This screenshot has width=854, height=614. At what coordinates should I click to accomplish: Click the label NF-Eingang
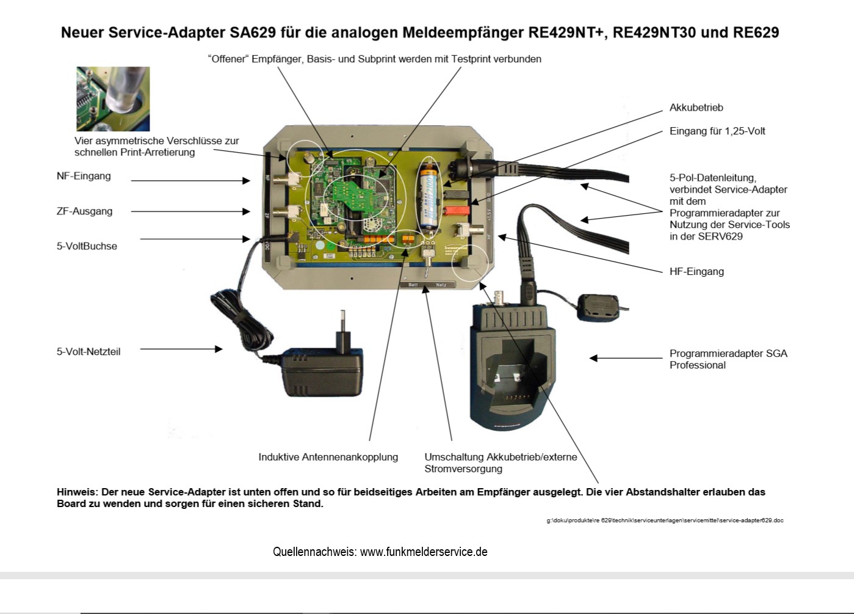(x=84, y=176)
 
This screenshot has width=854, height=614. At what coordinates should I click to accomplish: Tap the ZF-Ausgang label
(x=84, y=211)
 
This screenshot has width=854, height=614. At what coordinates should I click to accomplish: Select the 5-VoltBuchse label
(x=87, y=246)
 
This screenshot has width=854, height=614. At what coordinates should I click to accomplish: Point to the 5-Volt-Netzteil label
(x=89, y=352)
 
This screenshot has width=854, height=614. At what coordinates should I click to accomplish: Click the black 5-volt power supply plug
(x=322, y=369)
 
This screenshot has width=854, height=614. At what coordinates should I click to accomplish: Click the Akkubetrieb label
(x=696, y=108)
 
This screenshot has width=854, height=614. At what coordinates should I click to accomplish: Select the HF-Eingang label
(x=697, y=271)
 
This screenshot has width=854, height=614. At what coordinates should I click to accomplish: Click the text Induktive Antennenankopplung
(x=328, y=457)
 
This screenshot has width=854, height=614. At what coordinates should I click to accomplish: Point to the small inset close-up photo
(x=113, y=98)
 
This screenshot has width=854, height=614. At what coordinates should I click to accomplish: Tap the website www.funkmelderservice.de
(x=424, y=552)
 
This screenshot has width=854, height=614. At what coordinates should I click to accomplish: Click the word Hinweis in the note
(x=76, y=492)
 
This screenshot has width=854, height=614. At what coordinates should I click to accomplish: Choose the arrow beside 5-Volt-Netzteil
(x=181, y=349)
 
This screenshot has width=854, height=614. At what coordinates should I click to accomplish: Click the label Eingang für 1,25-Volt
(x=717, y=131)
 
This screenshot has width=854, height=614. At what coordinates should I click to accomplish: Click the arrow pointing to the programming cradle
(x=625, y=359)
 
